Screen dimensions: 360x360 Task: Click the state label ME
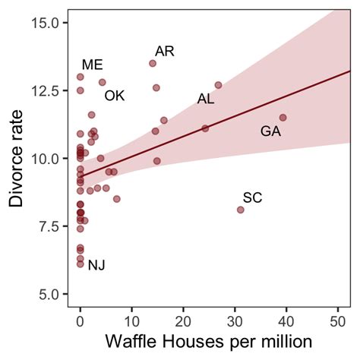(x=92, y=65)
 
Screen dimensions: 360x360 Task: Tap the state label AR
(x=165, y=51)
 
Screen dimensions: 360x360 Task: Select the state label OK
(x=115, y=96)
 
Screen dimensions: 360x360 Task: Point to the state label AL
(x=206, y=99)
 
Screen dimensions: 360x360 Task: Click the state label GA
(x=271, y=131)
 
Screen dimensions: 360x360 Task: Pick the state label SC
(x=253, y=198)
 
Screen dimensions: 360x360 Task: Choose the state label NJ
(x=96, y=265)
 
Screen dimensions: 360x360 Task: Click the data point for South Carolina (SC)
(x=241, y=210)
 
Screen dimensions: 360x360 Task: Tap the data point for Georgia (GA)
(x=283, y=118)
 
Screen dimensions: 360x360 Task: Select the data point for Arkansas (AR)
(x=153, y=64)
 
